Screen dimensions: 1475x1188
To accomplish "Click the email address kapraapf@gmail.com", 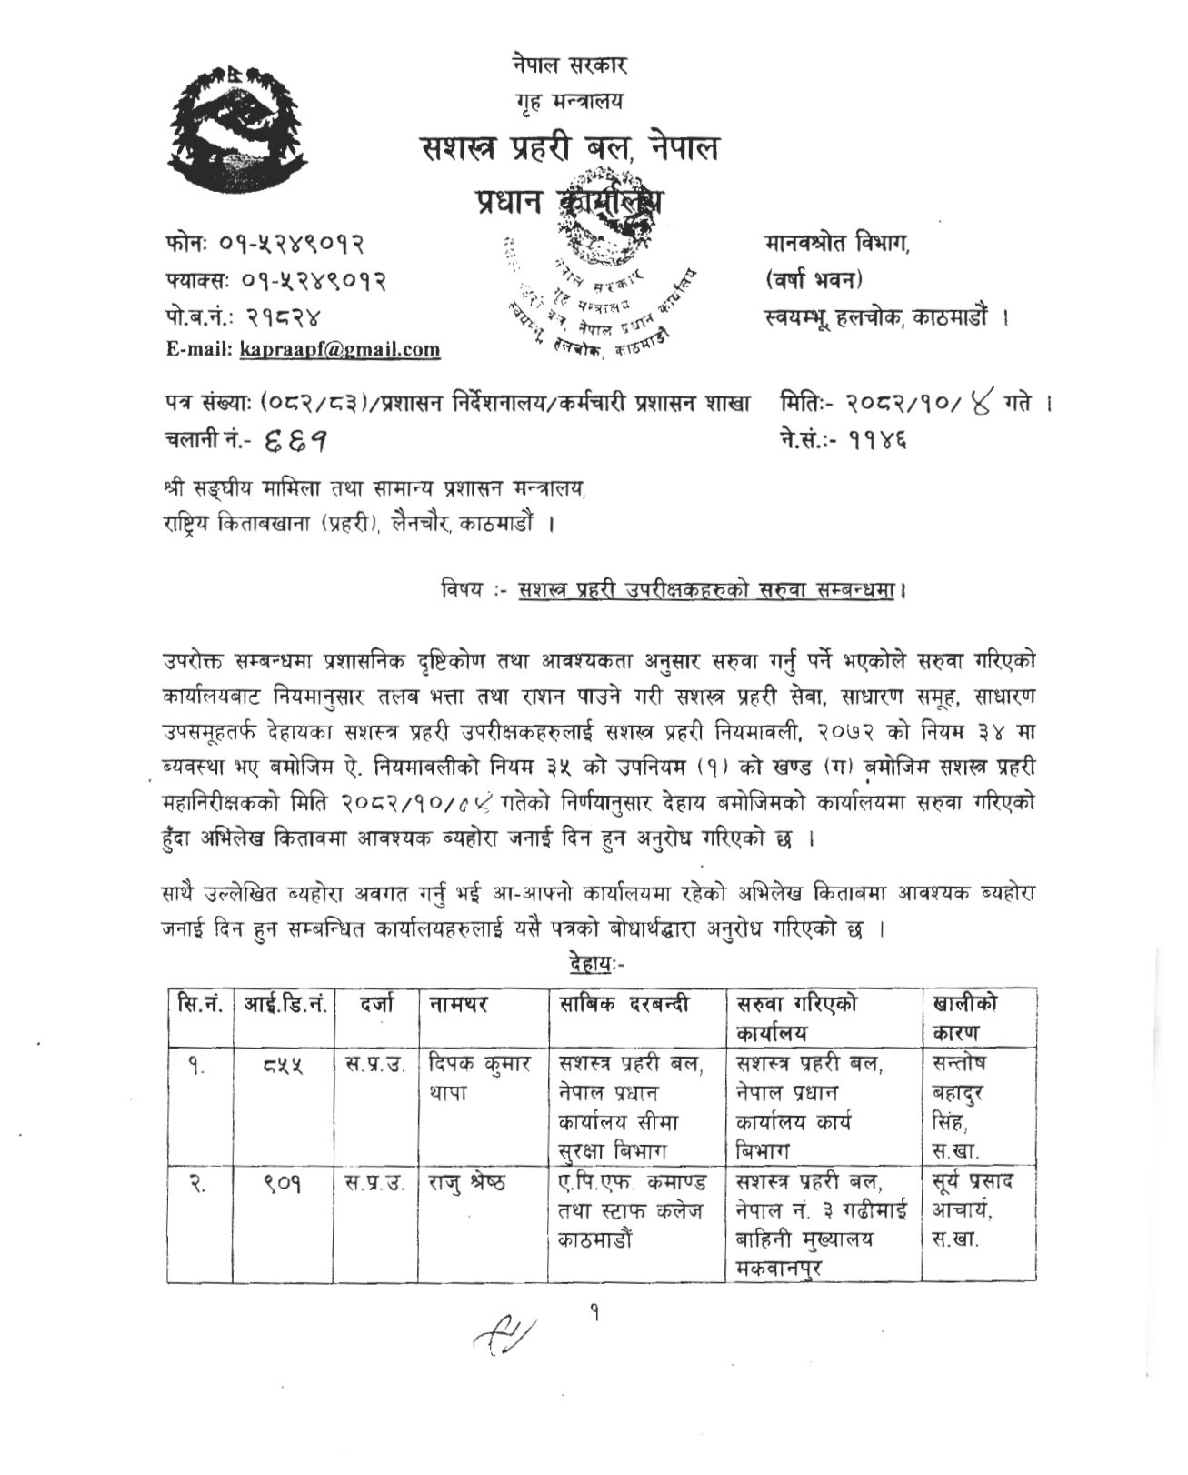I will pos(340,349).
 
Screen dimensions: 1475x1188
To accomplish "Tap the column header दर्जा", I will pos(375,1004).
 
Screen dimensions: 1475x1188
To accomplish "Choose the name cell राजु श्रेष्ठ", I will pos(473,1183).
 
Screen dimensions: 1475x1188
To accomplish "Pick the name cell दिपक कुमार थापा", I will pos(482,1077).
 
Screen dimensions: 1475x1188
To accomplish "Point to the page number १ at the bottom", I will pos(594,1312).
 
